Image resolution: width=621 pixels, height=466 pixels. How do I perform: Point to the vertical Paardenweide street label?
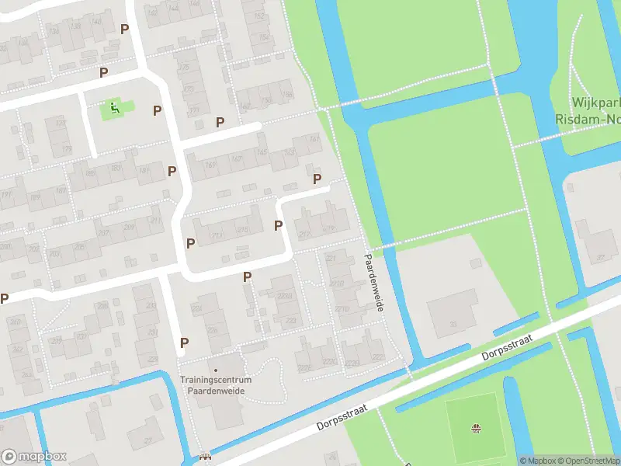point(375,283)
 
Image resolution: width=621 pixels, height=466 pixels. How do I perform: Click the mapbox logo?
point(34,457)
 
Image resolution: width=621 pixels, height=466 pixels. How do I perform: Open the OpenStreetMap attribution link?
point(588,461)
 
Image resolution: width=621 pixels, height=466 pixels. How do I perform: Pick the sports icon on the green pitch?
point(477,427)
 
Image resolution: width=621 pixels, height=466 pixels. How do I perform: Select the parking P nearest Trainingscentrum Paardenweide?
point(185,343)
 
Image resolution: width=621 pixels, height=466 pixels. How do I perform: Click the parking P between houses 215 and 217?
point(279,225)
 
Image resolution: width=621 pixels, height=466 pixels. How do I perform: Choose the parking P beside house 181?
point(172,171)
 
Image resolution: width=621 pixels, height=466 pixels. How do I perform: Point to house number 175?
point(184,68)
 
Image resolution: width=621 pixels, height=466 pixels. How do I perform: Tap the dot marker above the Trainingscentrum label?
point(216,370)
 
